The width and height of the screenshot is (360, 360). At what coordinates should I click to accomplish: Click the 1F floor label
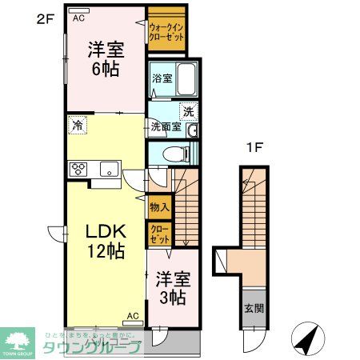pyautogui.click(x=254, y=146)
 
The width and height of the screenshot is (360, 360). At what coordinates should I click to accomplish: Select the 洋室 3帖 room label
pyautogui.click(x=171, y=287)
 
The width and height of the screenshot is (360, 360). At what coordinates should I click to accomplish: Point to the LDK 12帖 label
pyautogui.click(x=105, y=241)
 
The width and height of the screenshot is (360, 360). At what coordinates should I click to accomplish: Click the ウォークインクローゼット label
pyautogui.click(x=166, y=31)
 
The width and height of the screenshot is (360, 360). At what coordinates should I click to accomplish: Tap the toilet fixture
pyautogui.click(x=173, y=154)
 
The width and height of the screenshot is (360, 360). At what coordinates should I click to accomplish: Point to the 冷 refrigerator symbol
pyautogui.click(x=78, y=125)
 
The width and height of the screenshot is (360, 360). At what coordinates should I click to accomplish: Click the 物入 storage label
pyautogui.click(x=158, y=206)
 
